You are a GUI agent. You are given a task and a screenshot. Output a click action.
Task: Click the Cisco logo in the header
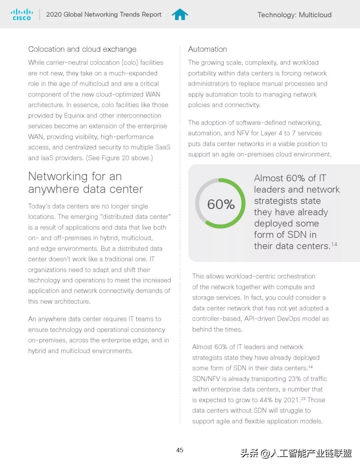[x=22, y=15]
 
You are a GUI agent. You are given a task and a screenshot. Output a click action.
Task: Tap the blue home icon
[x=180, y=14]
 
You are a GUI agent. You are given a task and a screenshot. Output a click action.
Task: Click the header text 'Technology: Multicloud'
[x=294, y=15]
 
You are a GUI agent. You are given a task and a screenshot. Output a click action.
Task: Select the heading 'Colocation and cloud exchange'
[x=82, y=49]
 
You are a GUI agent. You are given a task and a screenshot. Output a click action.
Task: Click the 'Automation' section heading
[x=207, y=49]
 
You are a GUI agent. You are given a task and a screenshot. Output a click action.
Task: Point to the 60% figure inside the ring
[x=221, y=204]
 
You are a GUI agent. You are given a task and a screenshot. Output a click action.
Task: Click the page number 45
[x=180, y=450]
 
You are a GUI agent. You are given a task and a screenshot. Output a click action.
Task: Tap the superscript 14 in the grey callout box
[x=334, y=244]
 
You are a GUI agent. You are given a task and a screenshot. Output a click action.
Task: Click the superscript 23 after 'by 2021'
[x=303, y=398]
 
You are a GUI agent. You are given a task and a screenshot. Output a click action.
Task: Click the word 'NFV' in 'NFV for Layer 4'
[x=243, y=133]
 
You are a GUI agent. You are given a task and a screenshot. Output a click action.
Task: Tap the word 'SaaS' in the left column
[x=163, y=147]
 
